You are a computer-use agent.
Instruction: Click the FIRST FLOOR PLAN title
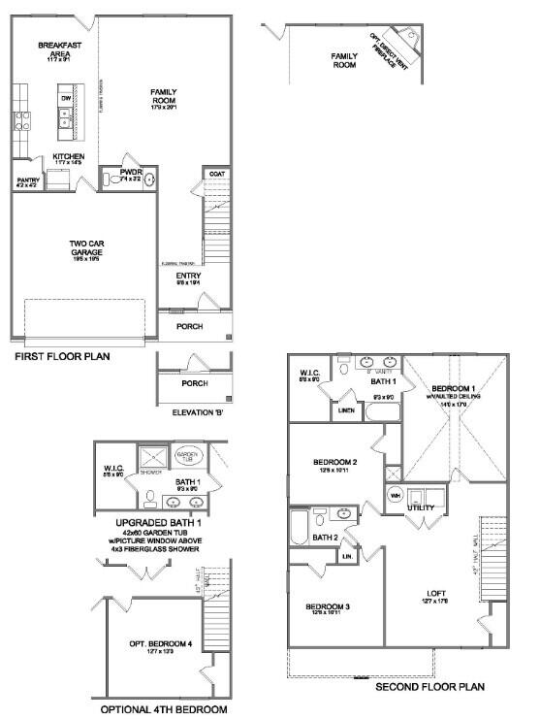click(x=61, y=356)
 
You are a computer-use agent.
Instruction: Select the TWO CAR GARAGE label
click(x=86, y=247)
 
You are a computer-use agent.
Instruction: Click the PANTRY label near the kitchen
click(x=27, y=179)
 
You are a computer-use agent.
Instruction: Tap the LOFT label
click(x=434, y=595)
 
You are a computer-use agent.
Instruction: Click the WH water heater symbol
click(x=395, y=496)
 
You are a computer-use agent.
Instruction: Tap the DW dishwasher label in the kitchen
click(x=66, y=98)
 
